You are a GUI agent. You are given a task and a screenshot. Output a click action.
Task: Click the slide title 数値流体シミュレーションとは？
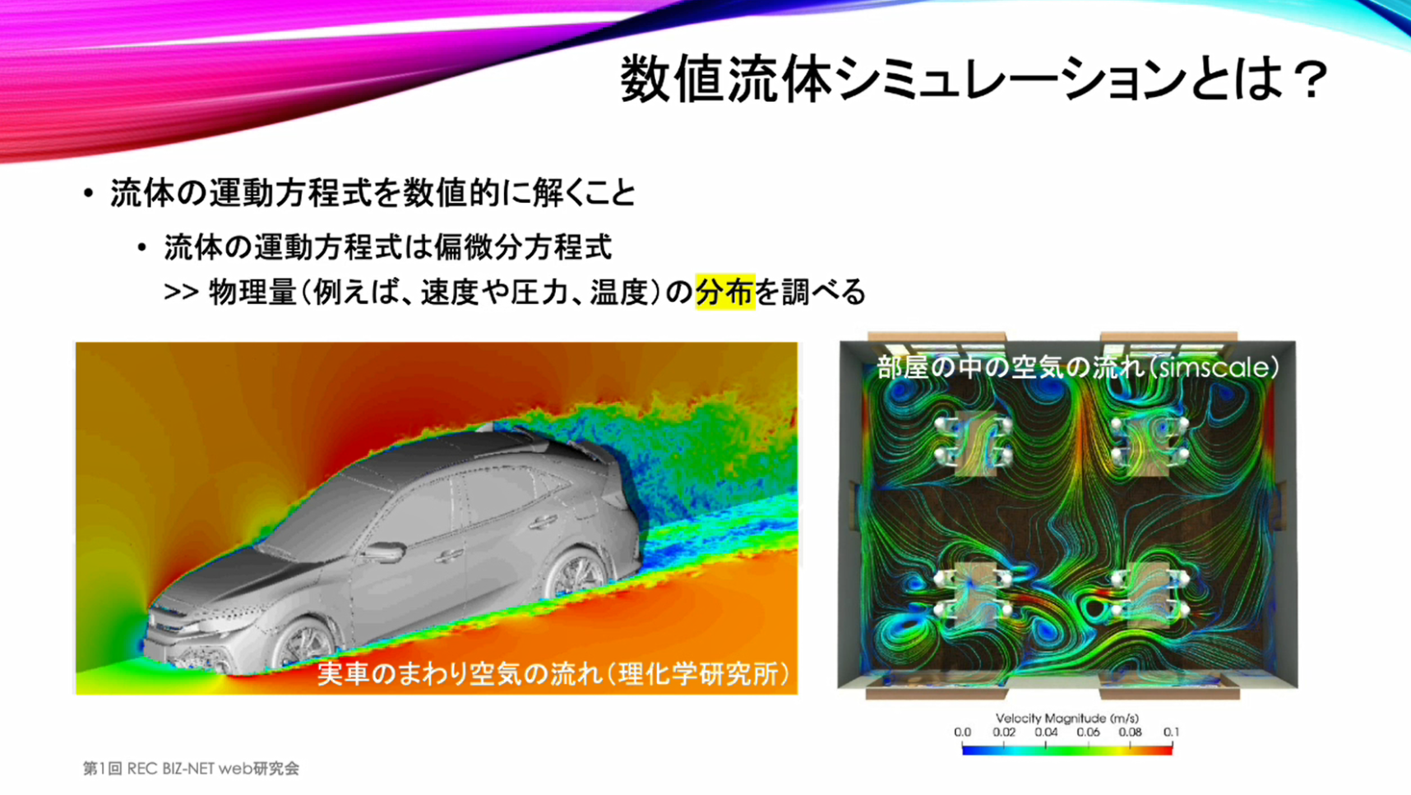(974, 80)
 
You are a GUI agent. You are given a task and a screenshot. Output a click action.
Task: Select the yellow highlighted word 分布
(724, 292)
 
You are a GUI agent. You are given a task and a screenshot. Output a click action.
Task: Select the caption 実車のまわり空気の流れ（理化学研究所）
(554, 673)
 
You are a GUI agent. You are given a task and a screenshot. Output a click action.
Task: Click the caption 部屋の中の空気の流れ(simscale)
(1078, 367)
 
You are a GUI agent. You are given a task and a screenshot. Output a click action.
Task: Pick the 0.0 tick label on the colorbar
(962, 732)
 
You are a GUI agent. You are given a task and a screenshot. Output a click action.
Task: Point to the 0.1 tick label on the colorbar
(1171, 732)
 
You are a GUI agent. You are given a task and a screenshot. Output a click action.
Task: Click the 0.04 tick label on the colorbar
(1046, 732)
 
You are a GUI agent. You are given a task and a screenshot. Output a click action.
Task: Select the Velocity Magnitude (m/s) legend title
(1067, 718)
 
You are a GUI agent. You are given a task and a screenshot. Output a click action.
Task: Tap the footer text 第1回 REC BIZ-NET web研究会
(191, 768)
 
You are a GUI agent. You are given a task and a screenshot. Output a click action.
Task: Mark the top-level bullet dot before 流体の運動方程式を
(89, 194)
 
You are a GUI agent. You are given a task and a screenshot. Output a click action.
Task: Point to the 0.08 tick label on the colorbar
(1130, 732)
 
